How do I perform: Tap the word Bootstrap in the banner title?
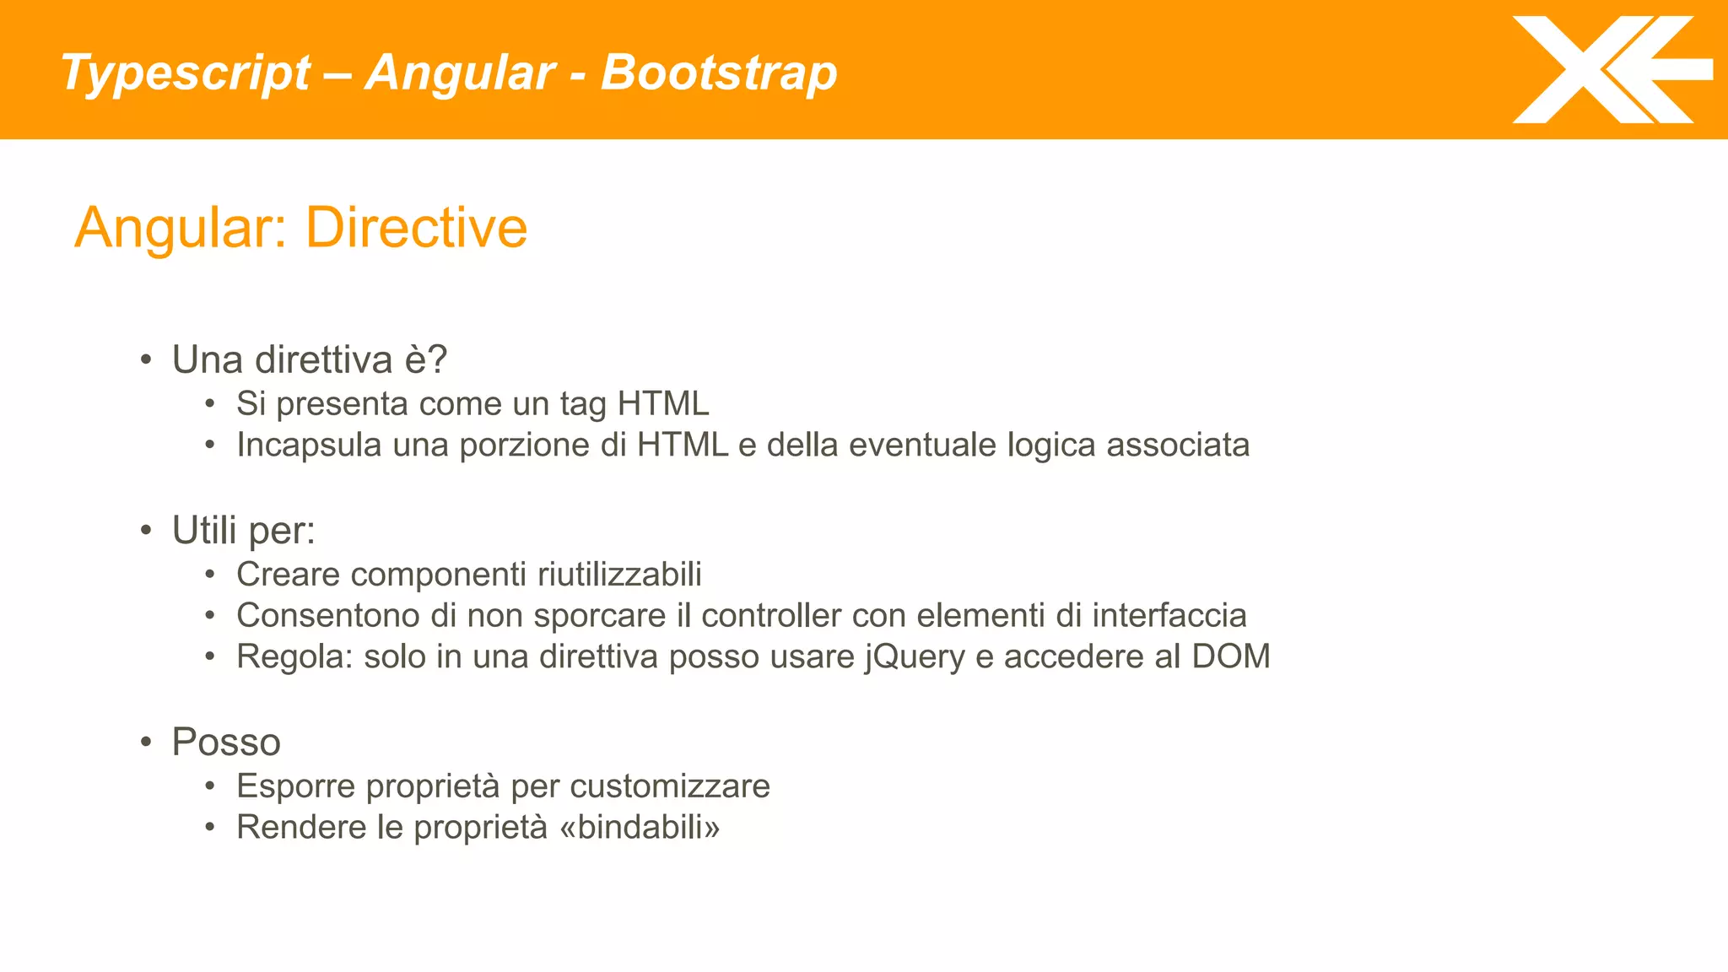click(718, 73)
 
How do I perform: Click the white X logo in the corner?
click(1610, 70)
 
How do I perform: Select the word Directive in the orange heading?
click(416, 228)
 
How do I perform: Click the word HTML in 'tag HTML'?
click(662, 403)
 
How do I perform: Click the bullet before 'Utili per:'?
click(147, 531)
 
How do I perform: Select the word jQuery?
click(914, 657)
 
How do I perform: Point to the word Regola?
click(294, 657)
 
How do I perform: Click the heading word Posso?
click(226, 742)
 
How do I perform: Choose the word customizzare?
click(670, 786)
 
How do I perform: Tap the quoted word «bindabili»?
click(640, 827)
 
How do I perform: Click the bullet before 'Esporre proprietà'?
click(210, 786)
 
